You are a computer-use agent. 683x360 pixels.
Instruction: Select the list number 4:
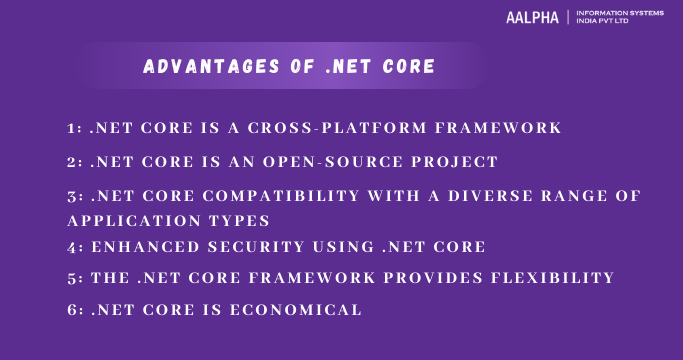(x=76, y=245)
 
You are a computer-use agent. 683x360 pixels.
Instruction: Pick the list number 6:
(x=76, y=310)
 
